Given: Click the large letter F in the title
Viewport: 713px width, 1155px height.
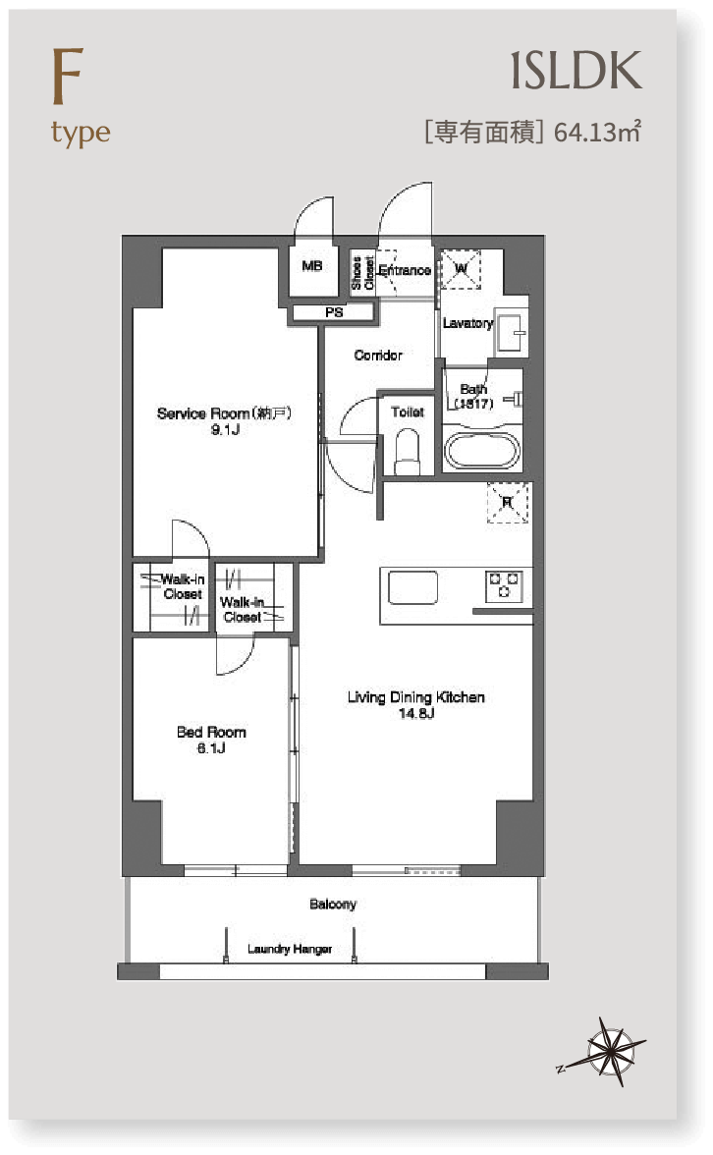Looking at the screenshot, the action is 67,76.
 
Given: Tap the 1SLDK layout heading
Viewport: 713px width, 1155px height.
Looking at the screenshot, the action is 576,71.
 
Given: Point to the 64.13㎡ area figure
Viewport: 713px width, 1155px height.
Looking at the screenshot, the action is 597,132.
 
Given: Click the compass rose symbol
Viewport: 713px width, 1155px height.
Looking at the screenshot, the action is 610,1051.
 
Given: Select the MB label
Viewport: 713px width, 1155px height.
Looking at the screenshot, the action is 312,266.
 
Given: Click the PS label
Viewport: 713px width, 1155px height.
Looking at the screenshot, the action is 334,312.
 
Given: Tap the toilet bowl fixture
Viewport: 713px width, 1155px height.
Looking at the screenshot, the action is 408,452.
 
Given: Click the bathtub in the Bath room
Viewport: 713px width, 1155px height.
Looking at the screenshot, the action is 481,450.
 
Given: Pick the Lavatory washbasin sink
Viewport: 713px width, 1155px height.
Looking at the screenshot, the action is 511,332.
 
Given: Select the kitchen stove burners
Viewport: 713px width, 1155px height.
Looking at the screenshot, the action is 505,585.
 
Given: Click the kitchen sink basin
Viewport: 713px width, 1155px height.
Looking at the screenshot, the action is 412,587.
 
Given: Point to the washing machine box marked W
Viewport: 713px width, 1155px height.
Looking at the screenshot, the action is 461,269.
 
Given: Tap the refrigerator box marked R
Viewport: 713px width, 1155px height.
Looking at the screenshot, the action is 508,503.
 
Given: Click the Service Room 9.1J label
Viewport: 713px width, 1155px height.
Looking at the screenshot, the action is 225,420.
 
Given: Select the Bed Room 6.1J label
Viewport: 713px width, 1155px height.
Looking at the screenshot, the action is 211,740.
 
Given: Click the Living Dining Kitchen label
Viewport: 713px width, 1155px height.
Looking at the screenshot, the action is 416,697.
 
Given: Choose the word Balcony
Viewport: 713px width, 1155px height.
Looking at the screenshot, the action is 333,904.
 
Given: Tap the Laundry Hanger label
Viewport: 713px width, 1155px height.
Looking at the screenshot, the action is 290,949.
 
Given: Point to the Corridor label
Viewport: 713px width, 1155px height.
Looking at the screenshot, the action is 378,356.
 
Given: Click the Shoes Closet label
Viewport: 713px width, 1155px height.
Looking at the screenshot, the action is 362,273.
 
